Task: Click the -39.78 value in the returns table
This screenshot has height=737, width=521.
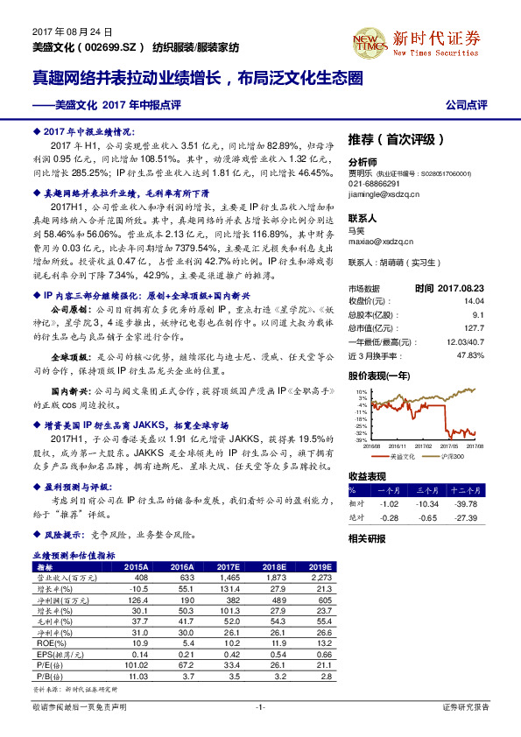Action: [467, 503]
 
